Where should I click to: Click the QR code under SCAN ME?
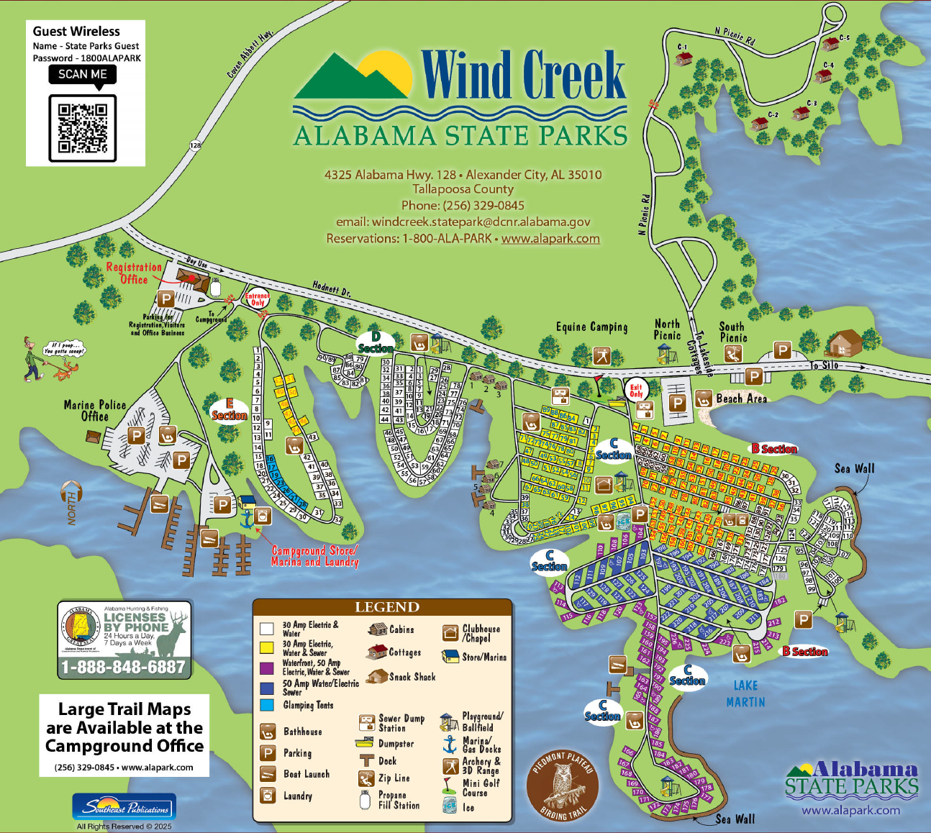point(82,128)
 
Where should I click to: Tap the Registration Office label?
point(134,273)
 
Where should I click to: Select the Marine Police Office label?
point(95,410)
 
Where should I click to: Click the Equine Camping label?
point(591,327)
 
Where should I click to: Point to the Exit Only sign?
point(636,390)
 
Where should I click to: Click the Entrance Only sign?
point(257,299)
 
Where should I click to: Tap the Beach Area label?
point(741,398)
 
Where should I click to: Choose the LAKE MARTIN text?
point(745,693)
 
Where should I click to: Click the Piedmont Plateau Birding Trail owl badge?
point(563,785)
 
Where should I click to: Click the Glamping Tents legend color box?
point(267,705)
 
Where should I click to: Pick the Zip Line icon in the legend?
point(366,778)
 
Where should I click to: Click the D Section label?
point(376,342)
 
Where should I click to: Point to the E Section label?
point(229,410)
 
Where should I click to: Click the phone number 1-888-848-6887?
point(124,668)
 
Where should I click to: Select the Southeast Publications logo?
point(124,806)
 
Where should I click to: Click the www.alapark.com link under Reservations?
point(550,239)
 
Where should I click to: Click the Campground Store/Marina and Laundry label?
point(314,556)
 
